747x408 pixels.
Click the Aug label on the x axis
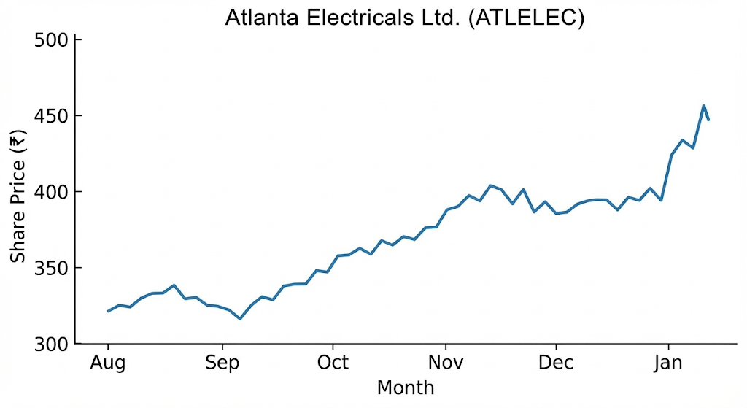tap(108, 363)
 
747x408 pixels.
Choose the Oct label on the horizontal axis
tap(333, 363)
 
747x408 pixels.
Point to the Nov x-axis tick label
tap(445, 363)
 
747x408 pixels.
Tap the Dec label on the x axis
tap(557, 363)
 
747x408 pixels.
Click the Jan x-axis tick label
tap(668, 363)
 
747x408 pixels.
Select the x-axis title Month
tap(405, 387)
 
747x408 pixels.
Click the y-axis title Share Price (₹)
tap(18, 191)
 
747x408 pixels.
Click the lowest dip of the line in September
tap(240, 319)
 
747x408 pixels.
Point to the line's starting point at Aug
tap(108, 312)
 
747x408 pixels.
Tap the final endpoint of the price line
tap(709, 120)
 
